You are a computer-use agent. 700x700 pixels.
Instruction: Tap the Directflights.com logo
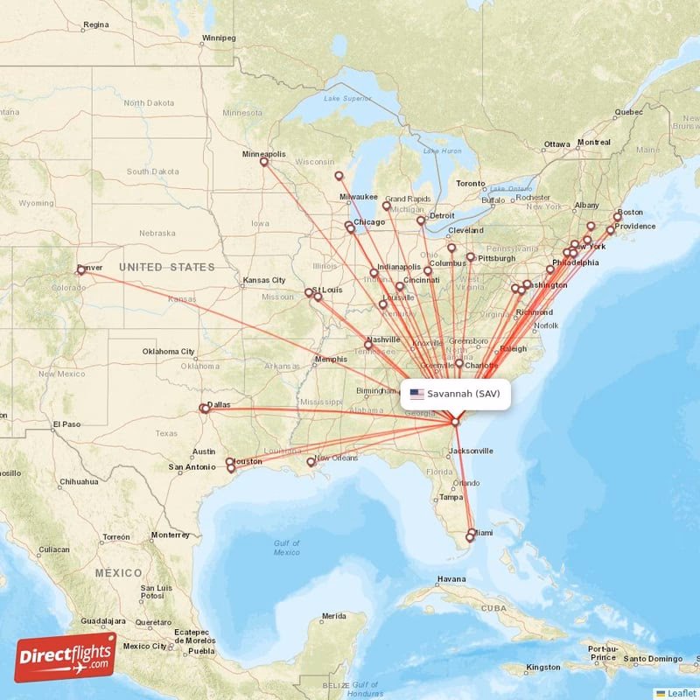(x=66, y=656)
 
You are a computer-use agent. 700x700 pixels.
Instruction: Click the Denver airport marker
(x=81, y=270)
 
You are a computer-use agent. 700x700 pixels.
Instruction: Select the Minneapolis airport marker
(x=263, y=162)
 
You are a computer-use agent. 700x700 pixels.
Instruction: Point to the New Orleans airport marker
(x=310, y=462)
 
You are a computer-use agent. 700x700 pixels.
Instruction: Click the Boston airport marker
(x=617, y=217)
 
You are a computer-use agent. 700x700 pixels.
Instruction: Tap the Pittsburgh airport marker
(x=470, y=257)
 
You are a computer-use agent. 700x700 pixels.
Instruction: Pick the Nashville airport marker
(x=369, y=346)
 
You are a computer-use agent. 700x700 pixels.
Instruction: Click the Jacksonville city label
(x=470, y=451)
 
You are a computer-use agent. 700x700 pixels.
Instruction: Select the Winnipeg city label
(x=219, y=38)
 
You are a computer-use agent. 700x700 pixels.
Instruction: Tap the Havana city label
(x=451, y=578)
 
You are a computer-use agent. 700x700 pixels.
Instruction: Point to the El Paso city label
(x=66, y=424)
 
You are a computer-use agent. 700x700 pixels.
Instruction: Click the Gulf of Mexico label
(x=286, y=548)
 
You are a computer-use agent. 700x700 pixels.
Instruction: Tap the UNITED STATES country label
(x=166, y=267)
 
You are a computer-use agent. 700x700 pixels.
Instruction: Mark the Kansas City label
(x=264, y=280)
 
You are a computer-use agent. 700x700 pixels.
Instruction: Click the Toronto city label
(x=470, y=184)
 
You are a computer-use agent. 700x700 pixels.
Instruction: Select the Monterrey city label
(x=170, y=535)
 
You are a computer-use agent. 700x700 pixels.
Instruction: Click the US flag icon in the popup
(x=416, y=394)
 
